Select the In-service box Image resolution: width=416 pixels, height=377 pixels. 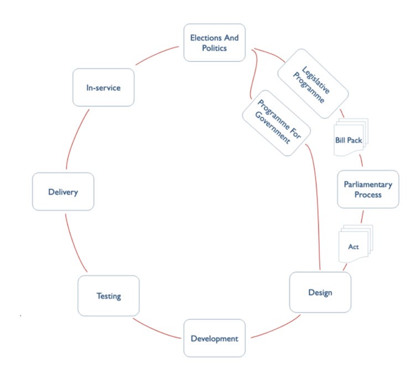(x=103, y=87)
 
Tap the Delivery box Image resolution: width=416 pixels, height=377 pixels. (x=63, y=192)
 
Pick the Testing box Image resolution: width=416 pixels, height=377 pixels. (x=108, y=296)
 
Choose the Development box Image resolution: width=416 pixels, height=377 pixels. (x=214, y=338)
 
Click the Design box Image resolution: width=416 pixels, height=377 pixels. (x=320, y=292)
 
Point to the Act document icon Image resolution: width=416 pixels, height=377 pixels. (x=354, y=244)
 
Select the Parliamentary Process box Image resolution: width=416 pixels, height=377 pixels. (x=368, y=189)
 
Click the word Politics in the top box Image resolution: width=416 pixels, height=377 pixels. (x=215, y=49)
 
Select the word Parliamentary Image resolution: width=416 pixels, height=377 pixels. (x=368, y=185)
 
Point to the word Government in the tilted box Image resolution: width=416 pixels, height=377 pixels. (x=271, y=127)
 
